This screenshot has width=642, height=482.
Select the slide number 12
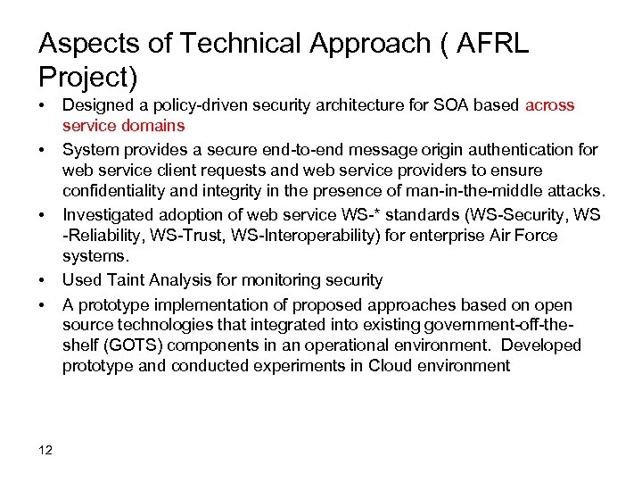point(46,450)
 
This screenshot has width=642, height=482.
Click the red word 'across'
point(550,105)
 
